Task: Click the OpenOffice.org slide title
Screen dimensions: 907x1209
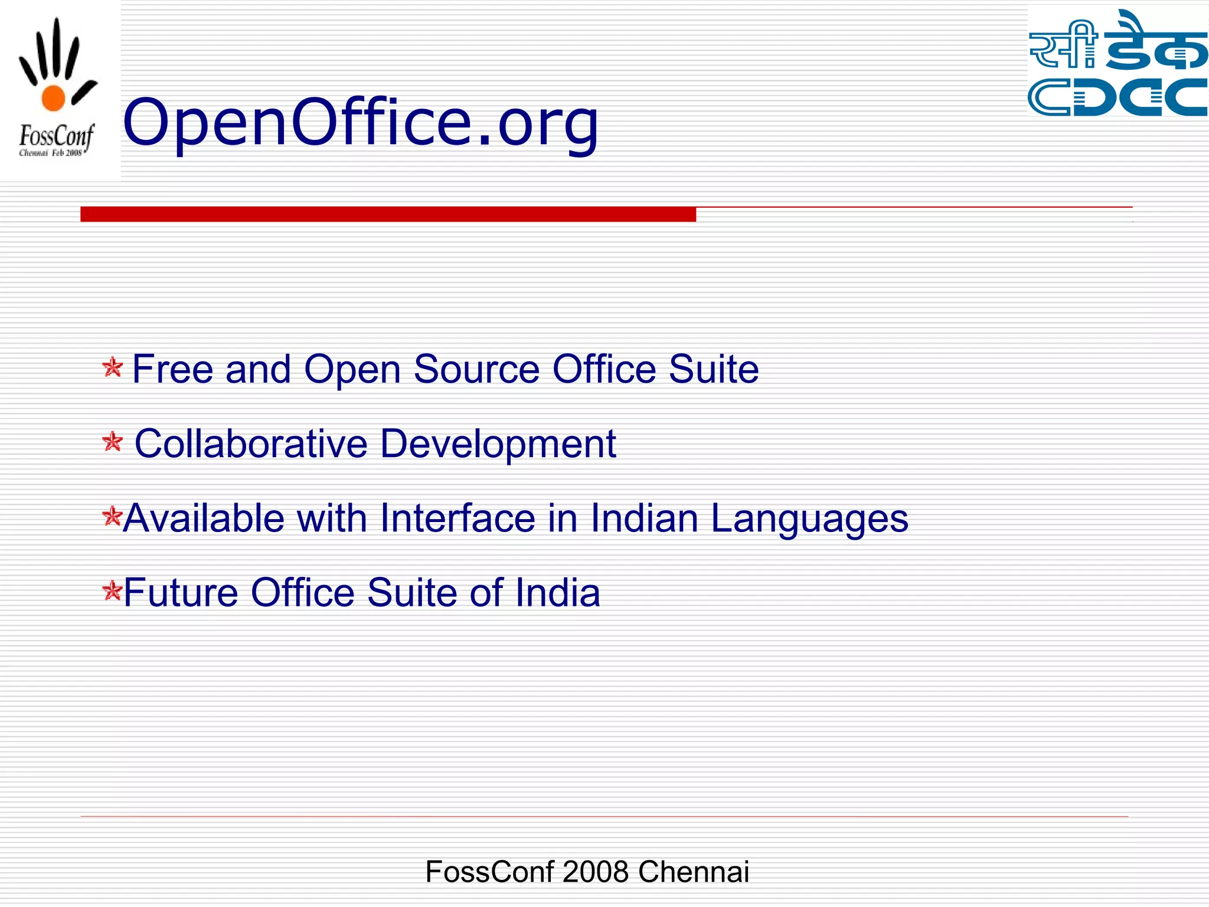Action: point(360,122)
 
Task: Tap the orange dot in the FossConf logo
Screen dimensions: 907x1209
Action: point(53,98)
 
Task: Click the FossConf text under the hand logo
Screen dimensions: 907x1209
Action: point(56,136)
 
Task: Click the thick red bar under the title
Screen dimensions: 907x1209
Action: point(388,214)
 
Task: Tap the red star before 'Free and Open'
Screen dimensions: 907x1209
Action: point(112,367)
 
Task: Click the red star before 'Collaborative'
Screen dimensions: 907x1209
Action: point(112,442)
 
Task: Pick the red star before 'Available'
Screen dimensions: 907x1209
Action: point(111,517)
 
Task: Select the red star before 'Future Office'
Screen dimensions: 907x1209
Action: point(111,590)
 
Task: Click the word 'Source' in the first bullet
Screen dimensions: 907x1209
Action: point(476,370)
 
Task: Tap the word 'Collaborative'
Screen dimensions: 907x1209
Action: point(251,443)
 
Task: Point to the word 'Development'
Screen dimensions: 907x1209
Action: point(498,445)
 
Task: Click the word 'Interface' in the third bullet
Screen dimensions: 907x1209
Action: point(458,518)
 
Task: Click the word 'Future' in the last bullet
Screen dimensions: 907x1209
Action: point(181,593)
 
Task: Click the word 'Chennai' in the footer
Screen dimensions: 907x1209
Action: point(693,872)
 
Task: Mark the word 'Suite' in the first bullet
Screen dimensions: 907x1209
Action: point(713,370)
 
